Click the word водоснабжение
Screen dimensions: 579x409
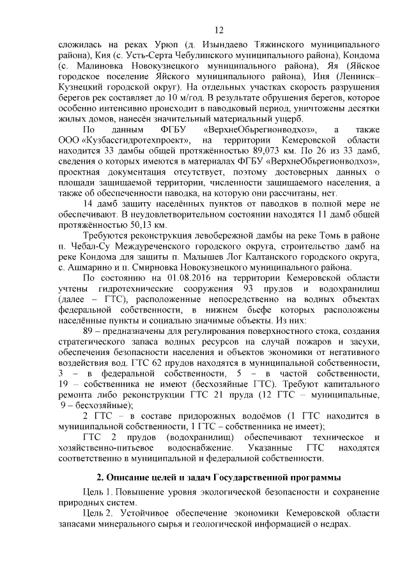(201, 448)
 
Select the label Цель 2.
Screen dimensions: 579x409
(98, 513)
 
